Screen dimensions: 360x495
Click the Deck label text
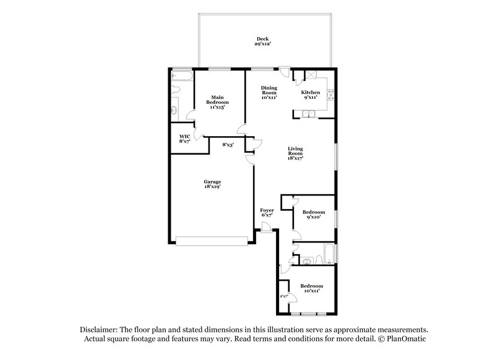(x=264, y=40)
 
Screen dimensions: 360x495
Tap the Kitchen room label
(x=311, y=95)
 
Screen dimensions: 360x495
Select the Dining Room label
(x=269, y=92)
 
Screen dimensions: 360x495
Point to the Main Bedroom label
(x=217, y=101)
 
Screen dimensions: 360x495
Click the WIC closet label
(x=184, y=139)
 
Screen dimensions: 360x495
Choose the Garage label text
(x=212, y=184)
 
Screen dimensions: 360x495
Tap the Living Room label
(x=295, y=153)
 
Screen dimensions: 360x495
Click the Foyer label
(x=267, y=213)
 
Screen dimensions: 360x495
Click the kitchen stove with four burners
(x=330, y=95)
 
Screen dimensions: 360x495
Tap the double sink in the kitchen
(x=308, y=113)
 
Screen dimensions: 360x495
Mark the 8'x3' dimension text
(x=228, y=145)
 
